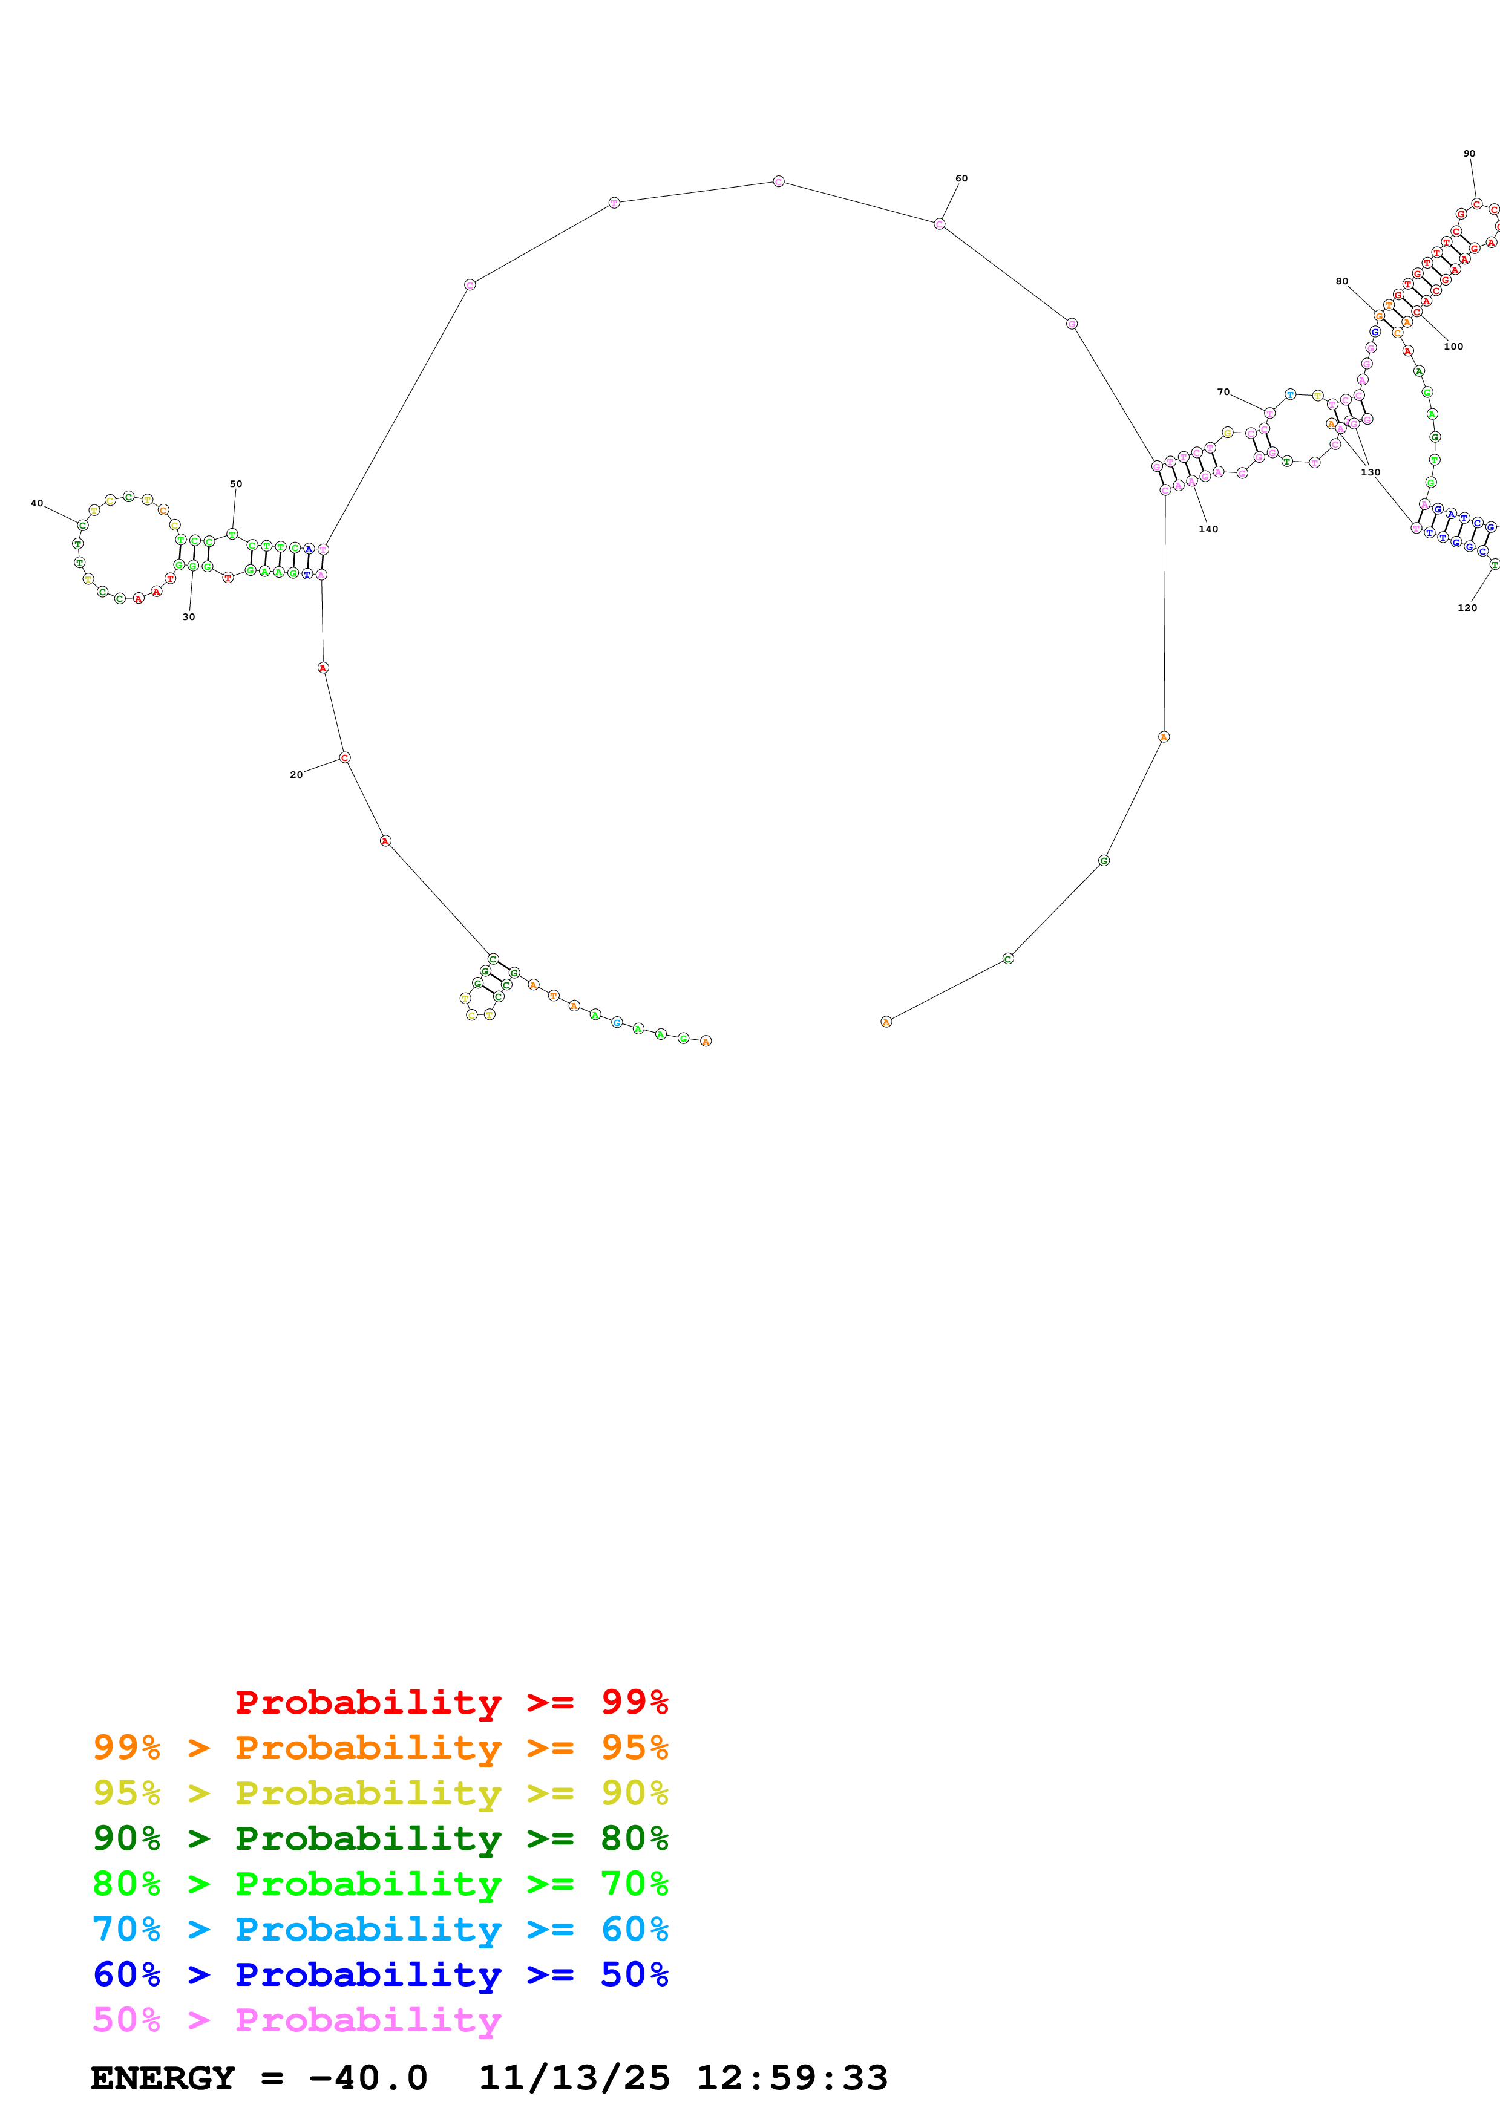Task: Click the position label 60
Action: (x=961, y=178)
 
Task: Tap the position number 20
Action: (x=296, y=774)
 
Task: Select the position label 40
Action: (x=37, y=504)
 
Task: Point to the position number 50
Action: (x=235, y=483)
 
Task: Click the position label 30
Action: (x=189, y=616)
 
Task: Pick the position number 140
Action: (x=1208, y=529)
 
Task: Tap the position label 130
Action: (x=1370, y=472)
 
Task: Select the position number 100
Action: (x=1453, y=347)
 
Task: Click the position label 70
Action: (x=1223, y=392)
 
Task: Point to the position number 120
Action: (x=1467, y=607)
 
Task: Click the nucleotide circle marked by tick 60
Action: (x=939, y=224)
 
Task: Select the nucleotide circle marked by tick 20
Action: (x=345, y=758)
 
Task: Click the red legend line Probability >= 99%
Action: (x=451, y=1702)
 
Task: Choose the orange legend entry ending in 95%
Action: (x=381, y=1747)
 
